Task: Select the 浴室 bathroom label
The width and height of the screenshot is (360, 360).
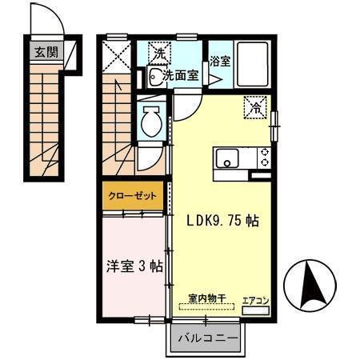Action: [x=220, y=61]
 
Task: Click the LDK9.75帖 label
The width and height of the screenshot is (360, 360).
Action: [x=222, y=220]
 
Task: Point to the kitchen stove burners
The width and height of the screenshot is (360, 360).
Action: [x=262, y=158]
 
